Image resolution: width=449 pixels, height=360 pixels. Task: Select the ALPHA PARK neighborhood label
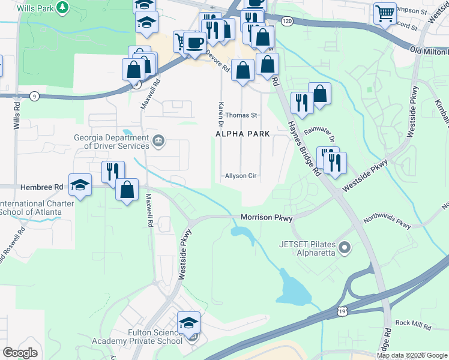pos(243,133)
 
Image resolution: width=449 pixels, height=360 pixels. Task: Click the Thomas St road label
pos(241,115)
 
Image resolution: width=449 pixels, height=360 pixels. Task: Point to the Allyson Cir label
pos(241,176)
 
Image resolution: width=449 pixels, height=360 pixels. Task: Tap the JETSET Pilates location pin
pos(344,247)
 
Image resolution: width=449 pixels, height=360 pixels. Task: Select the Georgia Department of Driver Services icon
pos(159,142)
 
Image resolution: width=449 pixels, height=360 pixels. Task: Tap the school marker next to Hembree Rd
pos(80,185)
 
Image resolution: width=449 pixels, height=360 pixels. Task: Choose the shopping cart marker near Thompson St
pos(384,13)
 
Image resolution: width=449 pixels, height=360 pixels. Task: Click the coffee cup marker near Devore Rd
pos(194,43)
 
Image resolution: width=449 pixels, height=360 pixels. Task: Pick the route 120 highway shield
pos(287,21)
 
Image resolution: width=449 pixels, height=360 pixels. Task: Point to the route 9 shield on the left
pos(35,96)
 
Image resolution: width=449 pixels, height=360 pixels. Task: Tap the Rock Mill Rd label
pos(414,323)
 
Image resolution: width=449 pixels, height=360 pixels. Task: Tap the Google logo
pos(20,353)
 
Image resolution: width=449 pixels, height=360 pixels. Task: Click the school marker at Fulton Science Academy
pos(188,324)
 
